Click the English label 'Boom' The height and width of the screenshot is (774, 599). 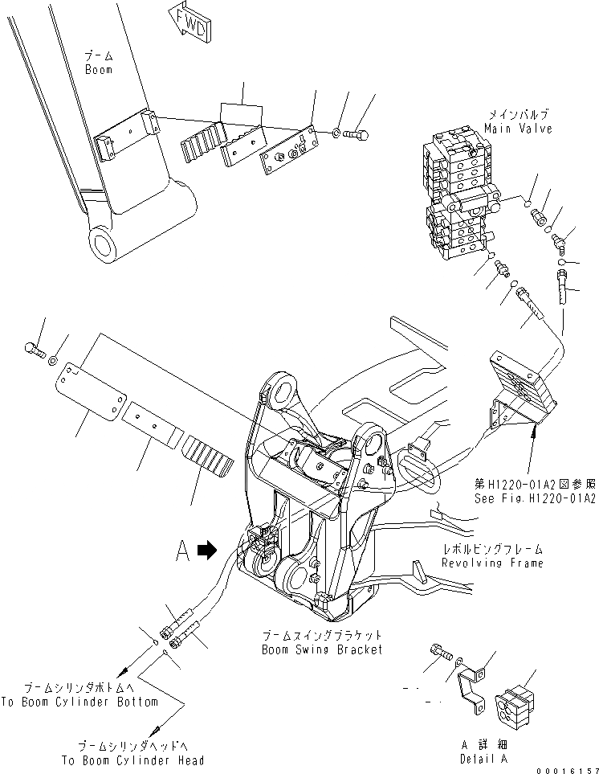100,70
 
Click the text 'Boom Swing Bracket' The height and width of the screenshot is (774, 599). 322,649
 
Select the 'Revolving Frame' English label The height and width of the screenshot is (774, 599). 491,563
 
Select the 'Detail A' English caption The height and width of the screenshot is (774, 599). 482,760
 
